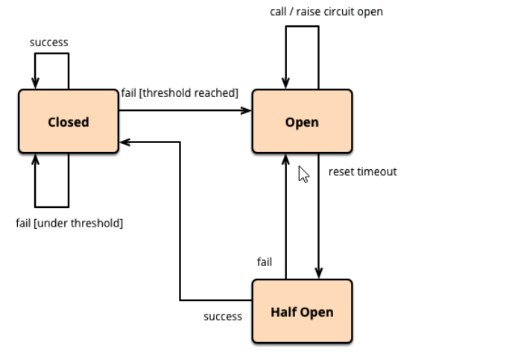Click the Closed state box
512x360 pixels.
(x=69, y=121)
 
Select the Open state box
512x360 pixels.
(x=302, y=121)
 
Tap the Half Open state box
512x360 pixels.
(x=302, y=312)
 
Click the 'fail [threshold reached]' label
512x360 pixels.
(x=180, y=93)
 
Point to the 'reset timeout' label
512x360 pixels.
(x=363, y=171)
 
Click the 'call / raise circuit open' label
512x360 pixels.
(x=326, y=12)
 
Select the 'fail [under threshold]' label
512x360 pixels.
(x=69, y=223)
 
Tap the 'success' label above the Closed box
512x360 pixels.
(x=49, y=42)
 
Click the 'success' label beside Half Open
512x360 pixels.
(x=223, y=316)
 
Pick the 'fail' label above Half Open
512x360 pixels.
(x=265, y=262)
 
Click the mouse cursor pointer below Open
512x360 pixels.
(x=303, y=174)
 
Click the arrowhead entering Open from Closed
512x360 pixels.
(x=247, y=111)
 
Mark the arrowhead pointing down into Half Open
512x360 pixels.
(x=319, y=274)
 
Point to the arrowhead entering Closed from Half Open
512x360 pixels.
(x=124, y=142)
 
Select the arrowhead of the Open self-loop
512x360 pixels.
(x=285, y=83)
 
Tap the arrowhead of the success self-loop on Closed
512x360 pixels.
(x=35, y=83)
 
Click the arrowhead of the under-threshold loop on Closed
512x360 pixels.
(x=35, y=159)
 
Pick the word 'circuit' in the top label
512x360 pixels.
(x=342, y=12)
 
